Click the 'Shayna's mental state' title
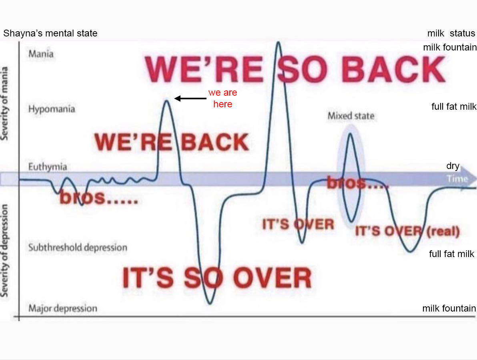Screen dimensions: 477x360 50,33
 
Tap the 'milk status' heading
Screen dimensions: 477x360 451,33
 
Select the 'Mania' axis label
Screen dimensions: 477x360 41,54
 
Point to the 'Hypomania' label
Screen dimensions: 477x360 51,109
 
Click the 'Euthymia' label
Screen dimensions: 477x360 48,167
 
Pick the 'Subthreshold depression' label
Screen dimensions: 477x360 78,247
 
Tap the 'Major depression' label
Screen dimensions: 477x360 63,308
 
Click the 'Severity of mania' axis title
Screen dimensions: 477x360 4,103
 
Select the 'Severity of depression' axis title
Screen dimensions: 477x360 4,250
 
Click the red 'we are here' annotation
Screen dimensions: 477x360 222,98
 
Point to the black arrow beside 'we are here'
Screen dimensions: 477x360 190,98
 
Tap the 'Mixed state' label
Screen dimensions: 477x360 351,116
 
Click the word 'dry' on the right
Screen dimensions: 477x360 453,166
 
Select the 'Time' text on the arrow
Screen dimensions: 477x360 457,179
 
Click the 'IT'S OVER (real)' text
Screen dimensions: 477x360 407,231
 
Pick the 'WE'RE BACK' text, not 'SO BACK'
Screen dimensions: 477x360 172,142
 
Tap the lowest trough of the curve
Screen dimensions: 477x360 210,303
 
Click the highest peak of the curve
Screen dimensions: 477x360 278,42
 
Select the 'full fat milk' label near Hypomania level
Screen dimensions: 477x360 454,107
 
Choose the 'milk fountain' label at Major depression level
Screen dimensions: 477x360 449,308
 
